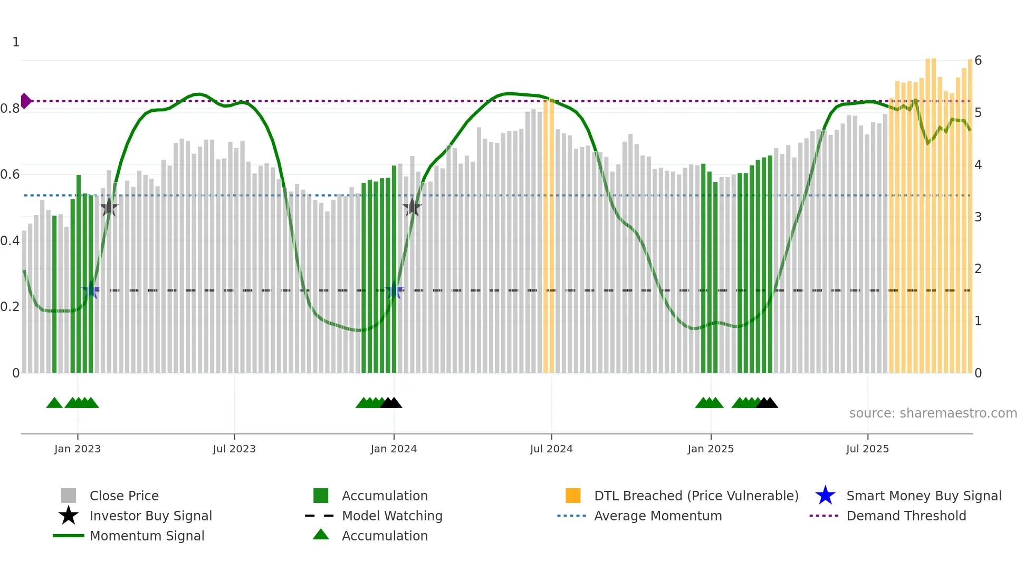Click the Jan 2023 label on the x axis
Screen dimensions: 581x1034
78,449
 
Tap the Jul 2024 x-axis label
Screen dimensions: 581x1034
551,449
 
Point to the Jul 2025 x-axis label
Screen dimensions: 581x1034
867,449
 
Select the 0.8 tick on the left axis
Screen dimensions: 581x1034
10,109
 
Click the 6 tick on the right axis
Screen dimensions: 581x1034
978,61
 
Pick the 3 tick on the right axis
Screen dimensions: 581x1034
978,217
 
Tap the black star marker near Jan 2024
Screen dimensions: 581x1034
412,207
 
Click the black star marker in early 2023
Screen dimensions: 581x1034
109,207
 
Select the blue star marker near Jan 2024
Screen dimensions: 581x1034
394,290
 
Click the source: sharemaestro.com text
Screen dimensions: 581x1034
933,413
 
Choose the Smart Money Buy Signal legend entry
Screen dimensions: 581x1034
923,496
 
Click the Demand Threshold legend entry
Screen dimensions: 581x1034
906,516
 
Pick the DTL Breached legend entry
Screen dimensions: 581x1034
696,496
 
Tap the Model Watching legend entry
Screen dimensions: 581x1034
391,516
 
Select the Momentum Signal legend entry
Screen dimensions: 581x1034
147,536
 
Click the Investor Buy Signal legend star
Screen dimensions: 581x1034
69,516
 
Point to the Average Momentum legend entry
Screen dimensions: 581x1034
657,516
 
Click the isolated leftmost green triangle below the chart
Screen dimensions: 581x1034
54,403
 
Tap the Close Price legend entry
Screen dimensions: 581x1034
123,496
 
